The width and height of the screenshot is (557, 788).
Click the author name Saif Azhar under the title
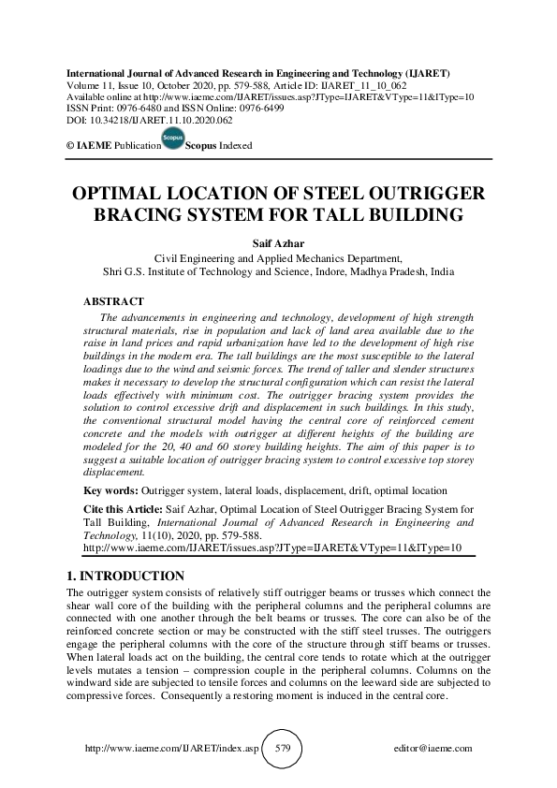(x=278, y=241)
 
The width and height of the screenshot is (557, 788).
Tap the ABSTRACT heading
(x=114, y=301)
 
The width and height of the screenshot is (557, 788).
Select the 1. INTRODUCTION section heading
(x=125, y=576)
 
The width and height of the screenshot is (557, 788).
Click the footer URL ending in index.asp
(x=171, y=749)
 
